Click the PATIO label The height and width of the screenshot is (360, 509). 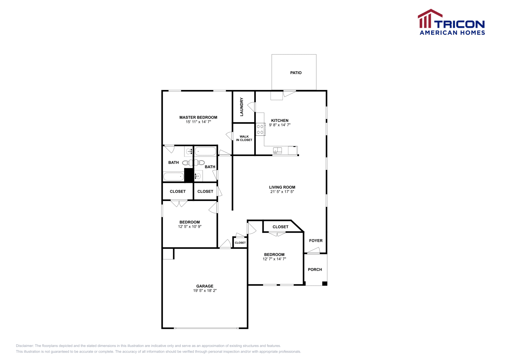(296, 73)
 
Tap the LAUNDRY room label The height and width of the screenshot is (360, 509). (241, 107)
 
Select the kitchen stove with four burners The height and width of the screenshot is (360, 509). (260, 129)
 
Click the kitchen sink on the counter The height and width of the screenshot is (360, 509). (277, 150)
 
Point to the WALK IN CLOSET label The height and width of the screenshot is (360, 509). (244, 138)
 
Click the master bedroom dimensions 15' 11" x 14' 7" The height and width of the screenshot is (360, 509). (198, 122)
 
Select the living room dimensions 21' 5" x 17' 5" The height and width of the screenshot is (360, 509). (282, 192)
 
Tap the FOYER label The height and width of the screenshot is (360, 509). (316, 241)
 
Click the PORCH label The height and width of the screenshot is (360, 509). (315, 270)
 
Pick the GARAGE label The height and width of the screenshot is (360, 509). (205, 286)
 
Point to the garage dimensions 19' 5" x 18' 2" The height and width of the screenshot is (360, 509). (205, 291)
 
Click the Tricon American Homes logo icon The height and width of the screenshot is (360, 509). (430, 19)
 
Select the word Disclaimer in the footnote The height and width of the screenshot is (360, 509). (24, 346)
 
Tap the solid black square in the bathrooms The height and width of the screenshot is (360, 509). (189, 175)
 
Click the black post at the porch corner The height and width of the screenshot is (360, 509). (324, 283)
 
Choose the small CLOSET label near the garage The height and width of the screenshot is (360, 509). (240, 243)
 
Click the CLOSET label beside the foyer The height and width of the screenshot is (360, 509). (280, 227)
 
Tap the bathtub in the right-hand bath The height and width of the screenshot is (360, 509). (206, 151)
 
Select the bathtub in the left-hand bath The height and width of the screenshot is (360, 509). (173, 177)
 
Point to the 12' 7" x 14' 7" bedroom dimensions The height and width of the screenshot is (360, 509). (274, 259)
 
